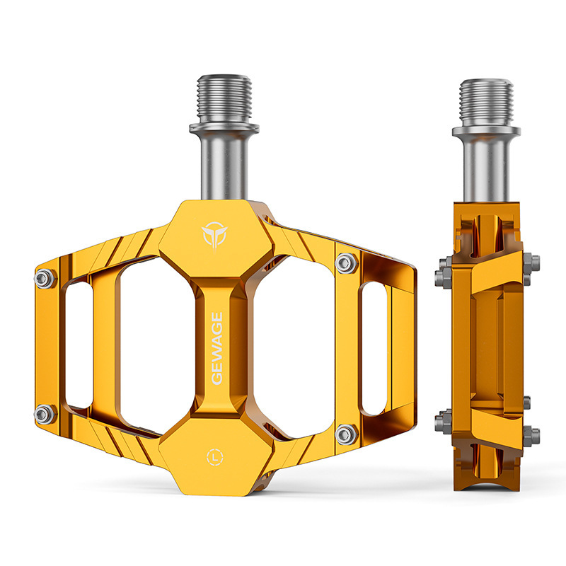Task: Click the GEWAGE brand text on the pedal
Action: (216, 348)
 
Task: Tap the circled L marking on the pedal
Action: (215, 457)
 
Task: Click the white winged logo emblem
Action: (214, 235)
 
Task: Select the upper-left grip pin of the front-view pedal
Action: (45, 278)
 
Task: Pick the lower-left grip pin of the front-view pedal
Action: (45, 414)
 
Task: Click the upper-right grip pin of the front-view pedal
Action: (347, 263)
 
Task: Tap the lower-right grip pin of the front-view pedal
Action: (347, 434)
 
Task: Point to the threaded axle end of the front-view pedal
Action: (224, 98)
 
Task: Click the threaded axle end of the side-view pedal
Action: (486, 102)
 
